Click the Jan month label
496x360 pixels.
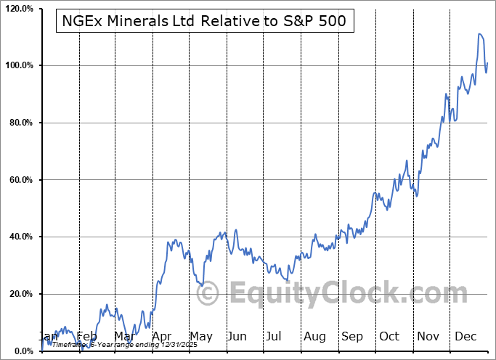[49, 337]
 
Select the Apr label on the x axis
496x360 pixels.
[162, 337]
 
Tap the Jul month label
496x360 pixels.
[274, 337]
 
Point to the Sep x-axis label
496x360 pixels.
[352, 337]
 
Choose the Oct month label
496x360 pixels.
[389, 337]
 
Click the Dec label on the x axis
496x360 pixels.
[465, 337]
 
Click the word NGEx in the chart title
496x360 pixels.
[81, 22]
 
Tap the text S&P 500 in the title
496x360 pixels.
[318, 22]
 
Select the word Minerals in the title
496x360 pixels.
[138, 22]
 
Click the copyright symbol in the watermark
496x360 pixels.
[208, 293]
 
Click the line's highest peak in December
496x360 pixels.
[480, 34]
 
